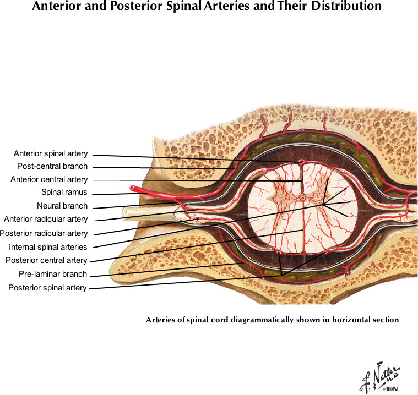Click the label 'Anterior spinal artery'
(x=51, y=154)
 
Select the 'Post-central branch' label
(x=52, y=166)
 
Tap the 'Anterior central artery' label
(x=49, y=179)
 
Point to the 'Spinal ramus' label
(x=64, y=193)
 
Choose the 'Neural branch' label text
(x=62, y=206)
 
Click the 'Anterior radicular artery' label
(x=46, y=219)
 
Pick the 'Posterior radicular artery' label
(x=44, y=233)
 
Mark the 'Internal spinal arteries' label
(x=48, y=247)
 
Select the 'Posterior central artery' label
(x=46, y=260)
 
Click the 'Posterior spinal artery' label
(x=47, y=288)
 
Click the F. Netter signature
(x=379, y=376)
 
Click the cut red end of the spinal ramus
(x=133, y=188)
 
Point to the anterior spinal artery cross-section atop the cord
(x=302, y=161)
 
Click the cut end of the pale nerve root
(x=124, y=212)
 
